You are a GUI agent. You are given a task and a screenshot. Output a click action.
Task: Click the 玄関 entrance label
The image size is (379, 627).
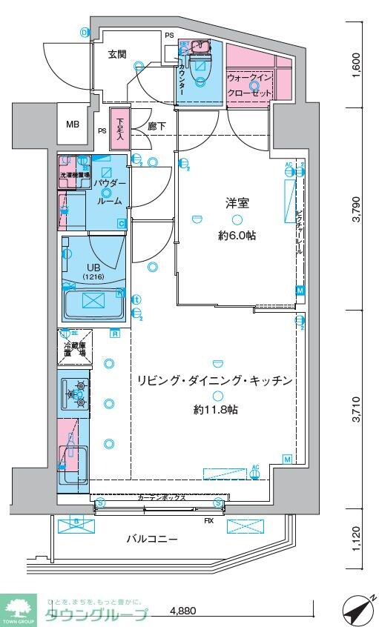click(116, 54)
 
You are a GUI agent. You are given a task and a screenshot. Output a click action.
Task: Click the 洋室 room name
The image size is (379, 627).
click(237, 202)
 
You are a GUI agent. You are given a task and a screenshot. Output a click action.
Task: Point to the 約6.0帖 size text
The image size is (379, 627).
click(237, 236)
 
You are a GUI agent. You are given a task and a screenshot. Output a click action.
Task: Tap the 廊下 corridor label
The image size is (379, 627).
click(156, 127)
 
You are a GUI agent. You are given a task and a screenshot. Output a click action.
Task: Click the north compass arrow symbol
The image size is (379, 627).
click(357, 611)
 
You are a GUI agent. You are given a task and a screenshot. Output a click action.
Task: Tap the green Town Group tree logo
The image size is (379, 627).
click(19, 608)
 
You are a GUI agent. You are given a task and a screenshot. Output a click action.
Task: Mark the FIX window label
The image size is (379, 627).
click(210, 520)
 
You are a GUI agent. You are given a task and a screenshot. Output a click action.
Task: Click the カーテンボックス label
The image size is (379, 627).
click(161, 500)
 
